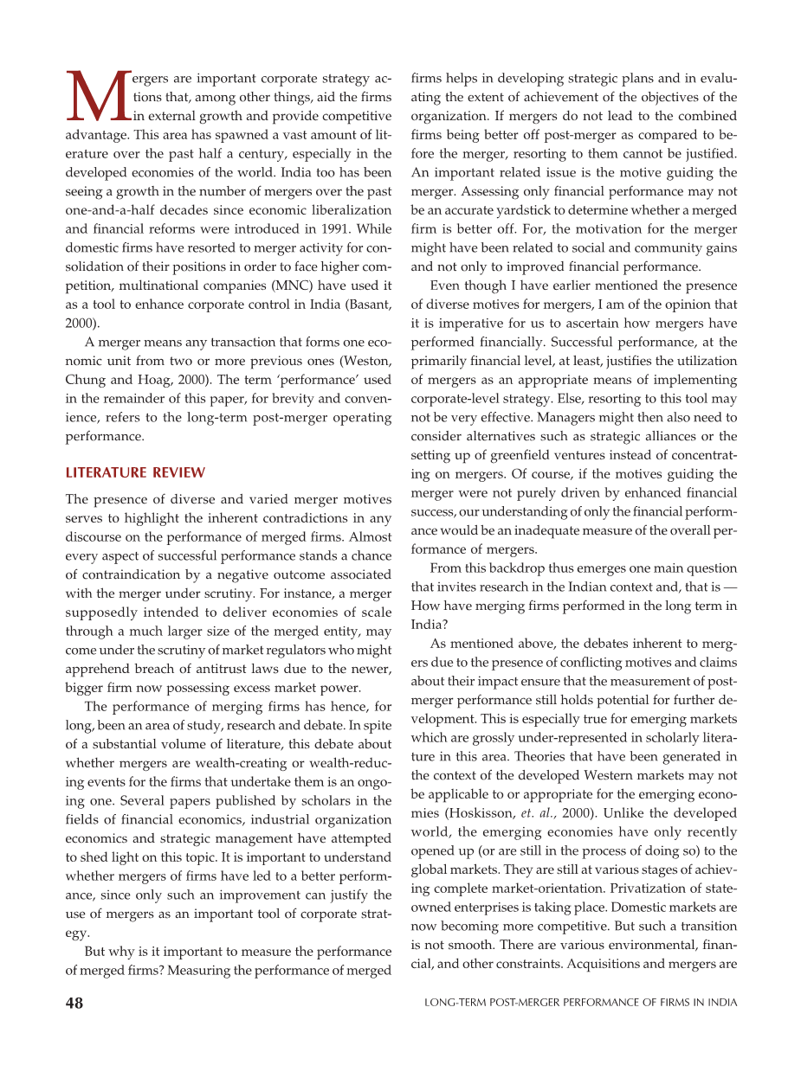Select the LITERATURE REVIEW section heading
pos(135,472)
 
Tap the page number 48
pos(74,1003)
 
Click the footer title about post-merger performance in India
pos(581,1004)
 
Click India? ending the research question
pos(428,625)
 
